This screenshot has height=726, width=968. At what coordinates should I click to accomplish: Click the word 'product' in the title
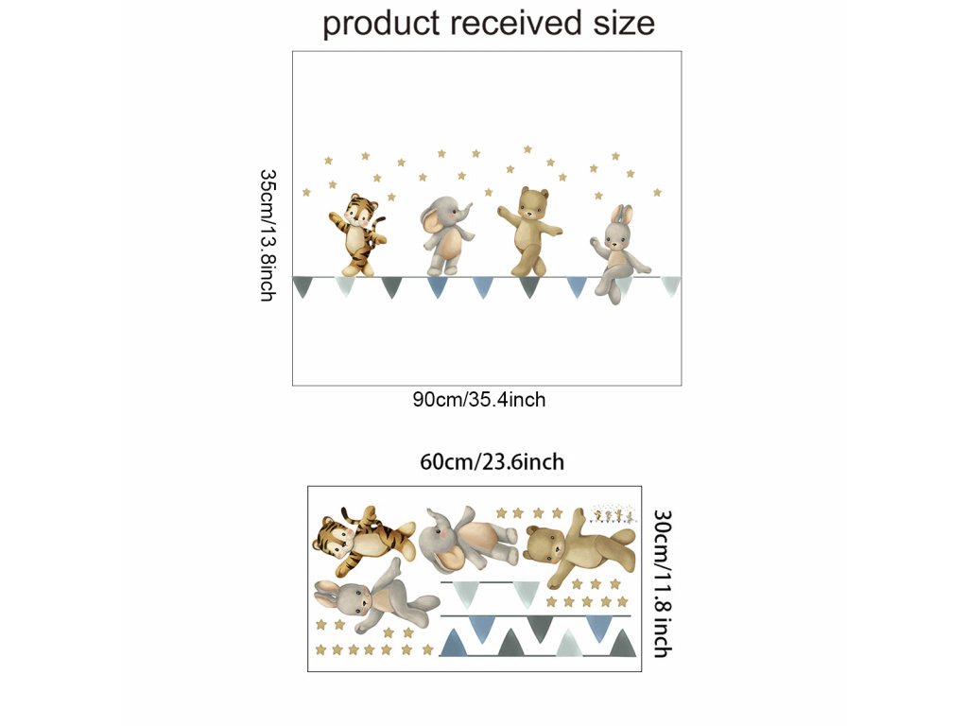(380, 23)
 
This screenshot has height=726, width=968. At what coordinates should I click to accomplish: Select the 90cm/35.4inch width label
(478, 400)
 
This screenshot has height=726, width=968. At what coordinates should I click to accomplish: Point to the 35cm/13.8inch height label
(268, 234)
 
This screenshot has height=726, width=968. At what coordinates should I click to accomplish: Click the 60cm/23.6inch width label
(492, 462)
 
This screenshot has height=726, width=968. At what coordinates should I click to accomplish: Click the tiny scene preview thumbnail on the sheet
(611, 513)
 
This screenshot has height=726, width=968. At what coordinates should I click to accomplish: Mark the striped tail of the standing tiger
(379, 228)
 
